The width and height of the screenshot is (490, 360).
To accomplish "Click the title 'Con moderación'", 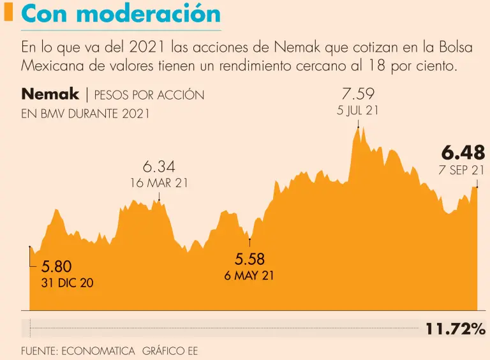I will coord(121,14).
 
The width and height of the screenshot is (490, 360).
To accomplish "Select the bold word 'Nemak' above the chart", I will coord(50,94).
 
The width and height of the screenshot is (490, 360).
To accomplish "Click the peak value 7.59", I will coord(357,94).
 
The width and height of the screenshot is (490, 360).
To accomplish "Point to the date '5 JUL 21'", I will coord(358,110).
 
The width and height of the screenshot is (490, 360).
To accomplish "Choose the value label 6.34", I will coord(158,167).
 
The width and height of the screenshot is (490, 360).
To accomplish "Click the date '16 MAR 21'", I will coord(159,183).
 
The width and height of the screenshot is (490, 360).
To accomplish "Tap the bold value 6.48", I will coord(463,153).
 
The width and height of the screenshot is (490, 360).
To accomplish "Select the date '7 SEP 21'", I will coord(461,170).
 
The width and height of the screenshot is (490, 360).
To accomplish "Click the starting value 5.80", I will coord(57,267).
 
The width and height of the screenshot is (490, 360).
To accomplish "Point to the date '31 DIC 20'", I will coord(67,283).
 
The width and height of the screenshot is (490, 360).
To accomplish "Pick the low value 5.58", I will coord(249,259).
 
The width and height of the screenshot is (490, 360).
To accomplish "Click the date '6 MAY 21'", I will coord(249,276).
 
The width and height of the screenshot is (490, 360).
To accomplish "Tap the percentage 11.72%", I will coord(456,329).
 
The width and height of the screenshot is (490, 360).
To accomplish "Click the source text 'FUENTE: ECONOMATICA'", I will coord(78,350).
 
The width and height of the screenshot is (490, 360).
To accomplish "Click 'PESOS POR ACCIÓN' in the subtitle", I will coord(149,95).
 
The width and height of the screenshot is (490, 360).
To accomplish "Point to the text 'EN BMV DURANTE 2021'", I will coord(85,114).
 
